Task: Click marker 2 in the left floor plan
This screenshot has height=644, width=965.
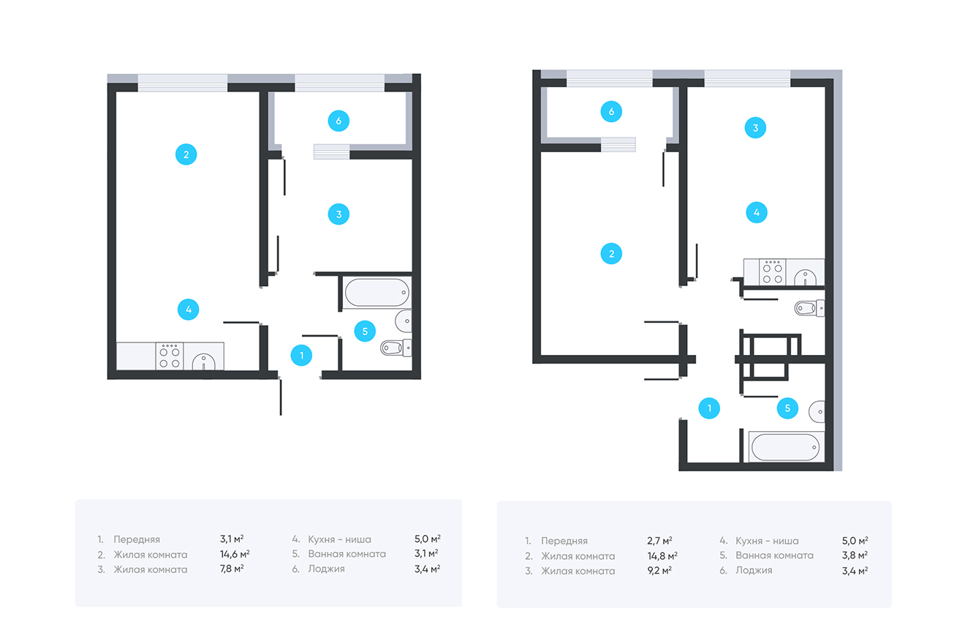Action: [186, 154]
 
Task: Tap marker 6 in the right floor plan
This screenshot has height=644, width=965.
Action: [611, 112]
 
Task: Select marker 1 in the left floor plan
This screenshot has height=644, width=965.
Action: [301, 356]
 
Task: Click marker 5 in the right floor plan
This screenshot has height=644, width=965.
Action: [787, 408]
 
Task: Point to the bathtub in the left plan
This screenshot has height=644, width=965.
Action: [377, 293]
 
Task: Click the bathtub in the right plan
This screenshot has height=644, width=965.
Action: [785, 447]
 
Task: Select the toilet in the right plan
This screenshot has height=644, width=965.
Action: [809, 308]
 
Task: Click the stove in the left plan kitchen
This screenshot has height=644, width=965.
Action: [170, 356]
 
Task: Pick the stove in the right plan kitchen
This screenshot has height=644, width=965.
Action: [773, 272]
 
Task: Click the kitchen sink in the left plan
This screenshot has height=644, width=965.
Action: [203, 362]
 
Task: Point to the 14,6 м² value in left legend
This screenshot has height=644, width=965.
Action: [235, 554]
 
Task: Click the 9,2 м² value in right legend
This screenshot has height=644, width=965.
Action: [659, 571]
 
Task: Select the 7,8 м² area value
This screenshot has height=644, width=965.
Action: [232, 569]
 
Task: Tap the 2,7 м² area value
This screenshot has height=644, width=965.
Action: [659, 541]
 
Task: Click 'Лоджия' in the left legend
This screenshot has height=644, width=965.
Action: [326, 569]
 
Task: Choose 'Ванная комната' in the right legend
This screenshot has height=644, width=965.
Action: [774, 555]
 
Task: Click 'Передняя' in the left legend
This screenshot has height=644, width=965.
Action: [137, 539]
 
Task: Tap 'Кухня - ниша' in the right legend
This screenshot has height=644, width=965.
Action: [767, 541]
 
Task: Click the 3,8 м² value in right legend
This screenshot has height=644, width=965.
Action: [855, 555]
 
